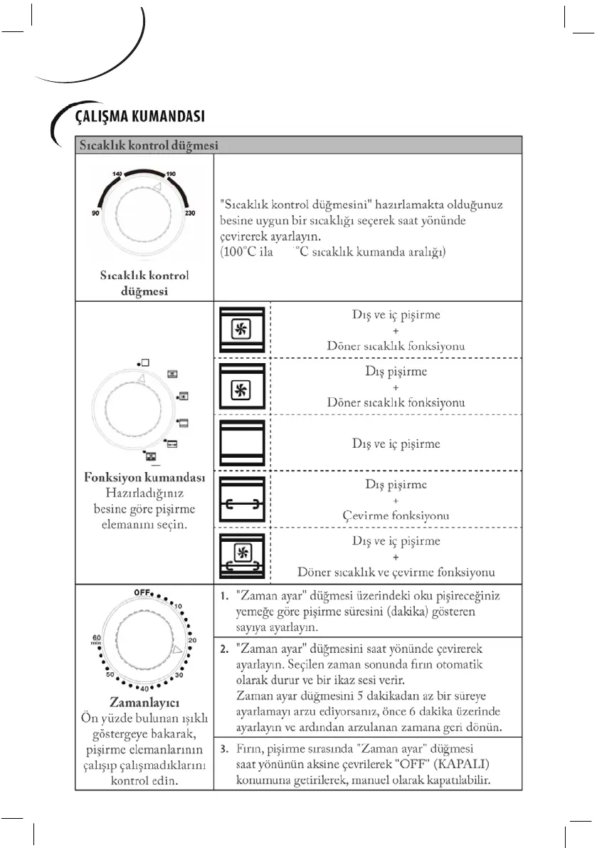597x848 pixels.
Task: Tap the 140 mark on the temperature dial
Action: [117, 174]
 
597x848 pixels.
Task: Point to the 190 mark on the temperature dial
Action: [171, 174]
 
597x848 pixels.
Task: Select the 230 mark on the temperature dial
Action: [189, 211]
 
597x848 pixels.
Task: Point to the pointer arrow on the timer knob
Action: [177, 650]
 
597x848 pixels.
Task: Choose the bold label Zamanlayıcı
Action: [144, 701]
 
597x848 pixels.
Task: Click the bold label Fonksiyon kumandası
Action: [145, 477]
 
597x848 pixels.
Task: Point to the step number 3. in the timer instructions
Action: [223, 750]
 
